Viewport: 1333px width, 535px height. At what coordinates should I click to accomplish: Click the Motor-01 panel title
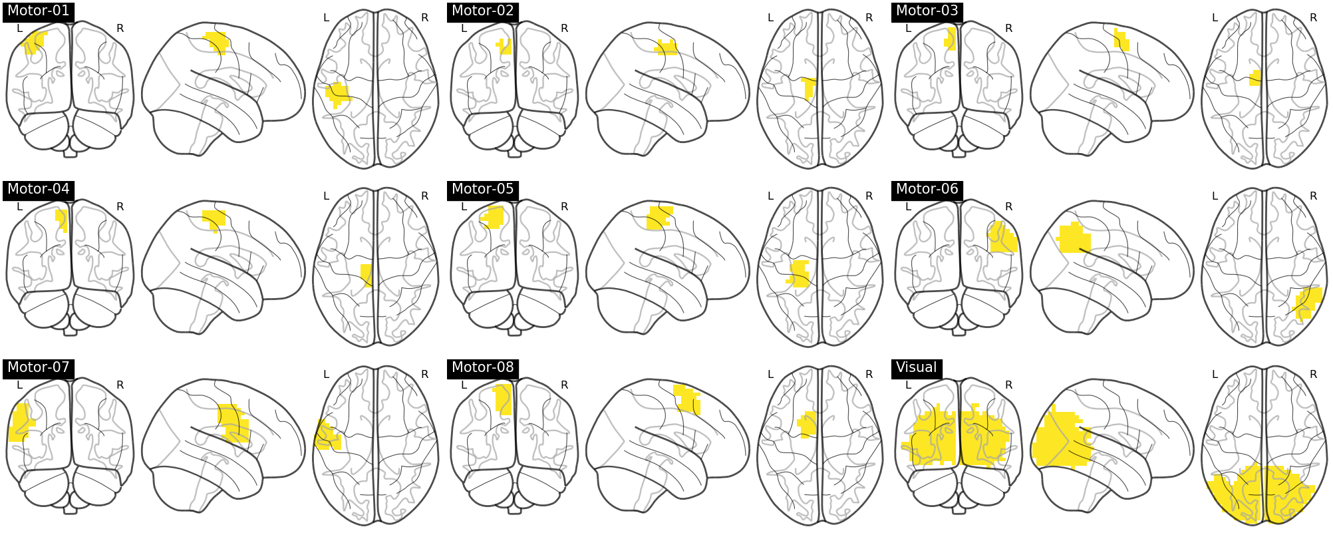(x=38, y=11)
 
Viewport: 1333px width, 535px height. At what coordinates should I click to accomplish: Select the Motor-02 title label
(x=482, y=11)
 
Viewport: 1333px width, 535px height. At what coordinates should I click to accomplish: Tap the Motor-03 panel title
(x=927, y=11)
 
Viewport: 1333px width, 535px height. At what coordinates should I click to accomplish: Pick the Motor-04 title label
(x=38, y=189)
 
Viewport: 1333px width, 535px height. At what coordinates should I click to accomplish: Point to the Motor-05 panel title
(x=482, y=189)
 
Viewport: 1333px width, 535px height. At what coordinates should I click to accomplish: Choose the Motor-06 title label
(x=927, y=189)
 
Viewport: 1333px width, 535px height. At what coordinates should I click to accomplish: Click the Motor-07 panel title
(x=38, y=367)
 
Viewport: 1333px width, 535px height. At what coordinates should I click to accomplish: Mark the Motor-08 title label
(x=482, y=367)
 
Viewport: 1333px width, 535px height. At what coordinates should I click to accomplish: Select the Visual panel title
(x=916, y=367)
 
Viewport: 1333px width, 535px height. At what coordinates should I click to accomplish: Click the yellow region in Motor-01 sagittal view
(x=218, y=43)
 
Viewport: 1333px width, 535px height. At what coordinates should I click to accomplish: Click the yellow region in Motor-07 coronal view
(x=21, y=422)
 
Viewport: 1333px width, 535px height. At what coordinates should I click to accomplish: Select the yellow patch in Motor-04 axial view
(x=367, y=275)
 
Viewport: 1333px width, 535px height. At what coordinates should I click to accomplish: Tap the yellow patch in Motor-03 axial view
(x=1255, y=79)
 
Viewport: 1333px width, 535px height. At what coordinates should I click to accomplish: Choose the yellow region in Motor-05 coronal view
(x=493, y=217)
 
